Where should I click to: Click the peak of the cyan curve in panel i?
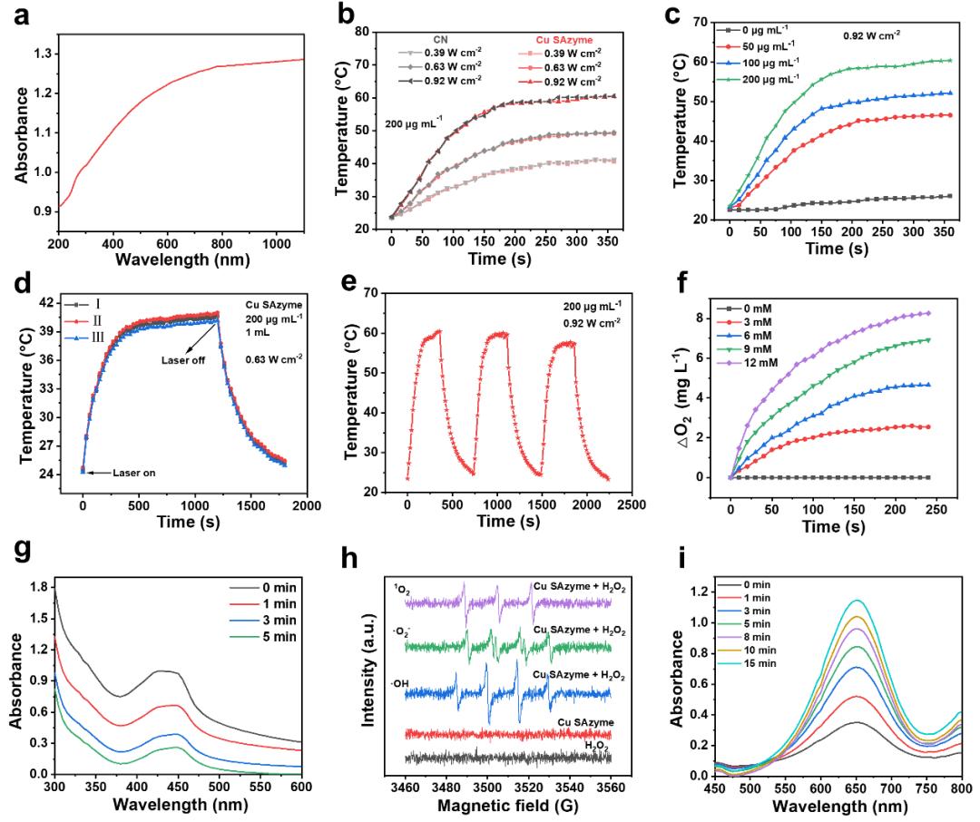(827, 600)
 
